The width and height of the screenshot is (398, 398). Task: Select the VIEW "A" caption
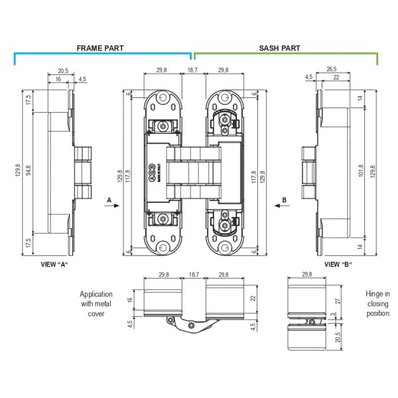pyautogui.click(x=55, y=263)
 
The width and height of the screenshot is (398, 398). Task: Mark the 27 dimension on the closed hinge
pyautogui.click(x=338, y=300)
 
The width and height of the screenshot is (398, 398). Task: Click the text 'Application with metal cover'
pyautogui.click(x=96, y=304)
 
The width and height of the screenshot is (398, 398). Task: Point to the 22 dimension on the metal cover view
pyautogui.click(x=254, y=300)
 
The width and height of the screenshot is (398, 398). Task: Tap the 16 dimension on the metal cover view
pyautogui.click(x=130, y=300)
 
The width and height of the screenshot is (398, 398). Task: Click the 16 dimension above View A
pyautogui.click(x=59, y=79)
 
